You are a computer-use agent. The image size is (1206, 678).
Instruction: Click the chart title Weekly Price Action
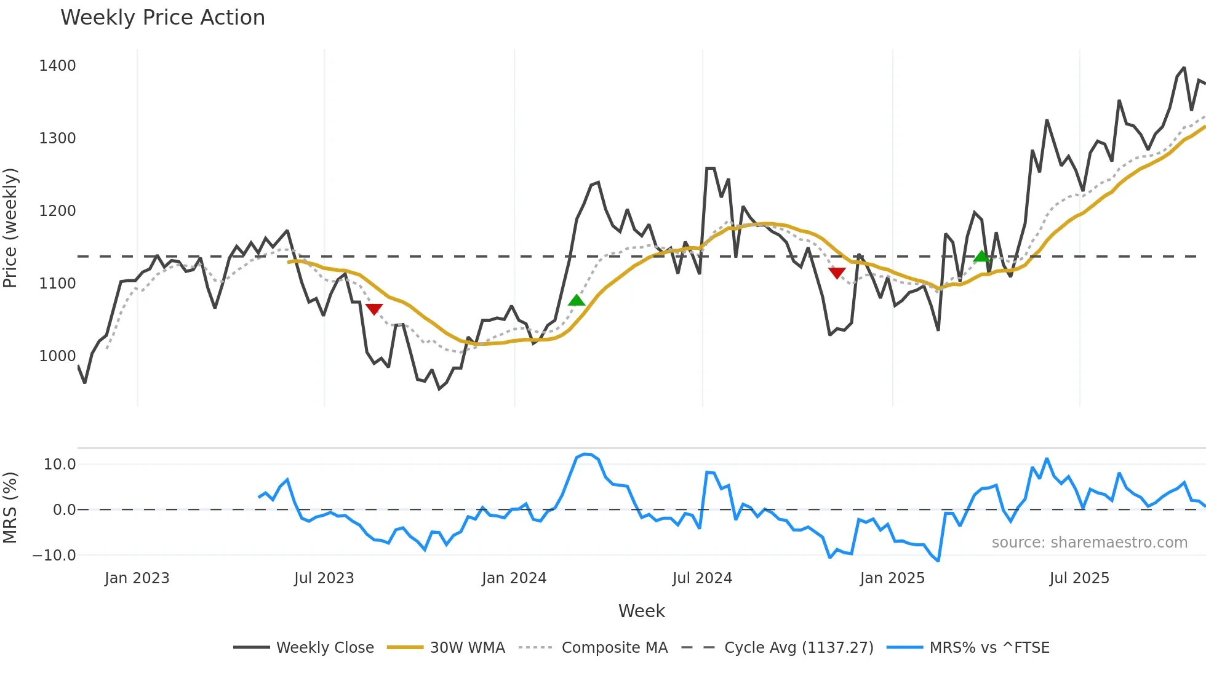coord(162,18)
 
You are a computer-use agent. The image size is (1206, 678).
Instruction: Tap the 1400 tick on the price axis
coord(57,66)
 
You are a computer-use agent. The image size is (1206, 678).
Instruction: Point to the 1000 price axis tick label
coord(57,356)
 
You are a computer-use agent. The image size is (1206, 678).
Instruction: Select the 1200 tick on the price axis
coord(57,211)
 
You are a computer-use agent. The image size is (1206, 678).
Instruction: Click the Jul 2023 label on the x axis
coord(324,578)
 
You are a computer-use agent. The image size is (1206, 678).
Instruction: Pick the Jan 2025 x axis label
coord(892,578)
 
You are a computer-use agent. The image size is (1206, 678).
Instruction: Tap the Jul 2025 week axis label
coord(1079,578)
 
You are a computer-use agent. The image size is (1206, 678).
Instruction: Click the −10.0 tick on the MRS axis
coord(54,556)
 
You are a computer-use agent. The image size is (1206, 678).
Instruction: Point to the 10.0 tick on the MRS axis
coord(60,465)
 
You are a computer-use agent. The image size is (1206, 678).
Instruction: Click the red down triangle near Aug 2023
coord(374,309)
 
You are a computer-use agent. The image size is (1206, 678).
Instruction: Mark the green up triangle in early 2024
coord(577,300)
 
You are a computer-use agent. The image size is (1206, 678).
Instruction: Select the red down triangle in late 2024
coord(837,273)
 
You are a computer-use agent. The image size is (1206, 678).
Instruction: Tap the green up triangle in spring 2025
coord(981,256)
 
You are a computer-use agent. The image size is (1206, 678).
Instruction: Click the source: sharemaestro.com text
coord(1089,543)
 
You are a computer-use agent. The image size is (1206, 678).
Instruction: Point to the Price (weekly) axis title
coord(10,228)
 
